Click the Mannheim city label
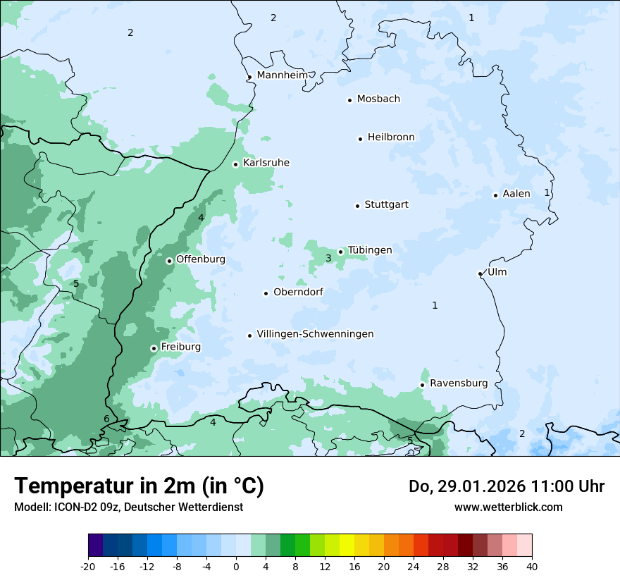coord(282,75)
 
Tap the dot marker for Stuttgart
coord(357,206)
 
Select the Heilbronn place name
coord(391,137)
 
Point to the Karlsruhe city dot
coord(236,164)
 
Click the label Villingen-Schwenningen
coord(315,333)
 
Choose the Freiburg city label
coord(180,347)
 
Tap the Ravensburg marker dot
coord(422,385)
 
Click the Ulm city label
coord(497,272)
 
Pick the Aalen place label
coord(516,193)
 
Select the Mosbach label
coord(378,99)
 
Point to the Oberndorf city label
coord(298,292)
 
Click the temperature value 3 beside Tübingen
coord(328,259)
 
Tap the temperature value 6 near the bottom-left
coord(106,419)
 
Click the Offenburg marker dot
coord(169,261)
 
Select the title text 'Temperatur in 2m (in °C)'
coord(139,486)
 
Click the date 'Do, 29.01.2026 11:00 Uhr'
coord(506,486)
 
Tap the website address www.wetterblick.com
coord(508,507)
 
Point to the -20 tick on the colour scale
coord(88,567)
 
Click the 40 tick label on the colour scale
coord(531,567)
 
